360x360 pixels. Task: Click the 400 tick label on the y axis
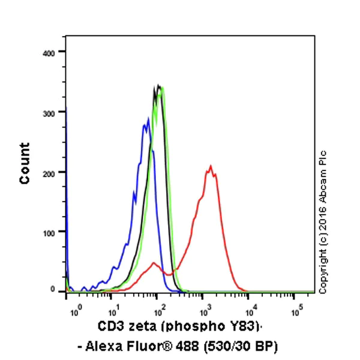49,53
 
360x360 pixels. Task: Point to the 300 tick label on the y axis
49,112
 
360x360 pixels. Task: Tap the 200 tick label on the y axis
49,172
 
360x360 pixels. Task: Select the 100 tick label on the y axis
49,232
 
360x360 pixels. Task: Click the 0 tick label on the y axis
53,290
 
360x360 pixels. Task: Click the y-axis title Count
25,163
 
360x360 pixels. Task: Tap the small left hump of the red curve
155,263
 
